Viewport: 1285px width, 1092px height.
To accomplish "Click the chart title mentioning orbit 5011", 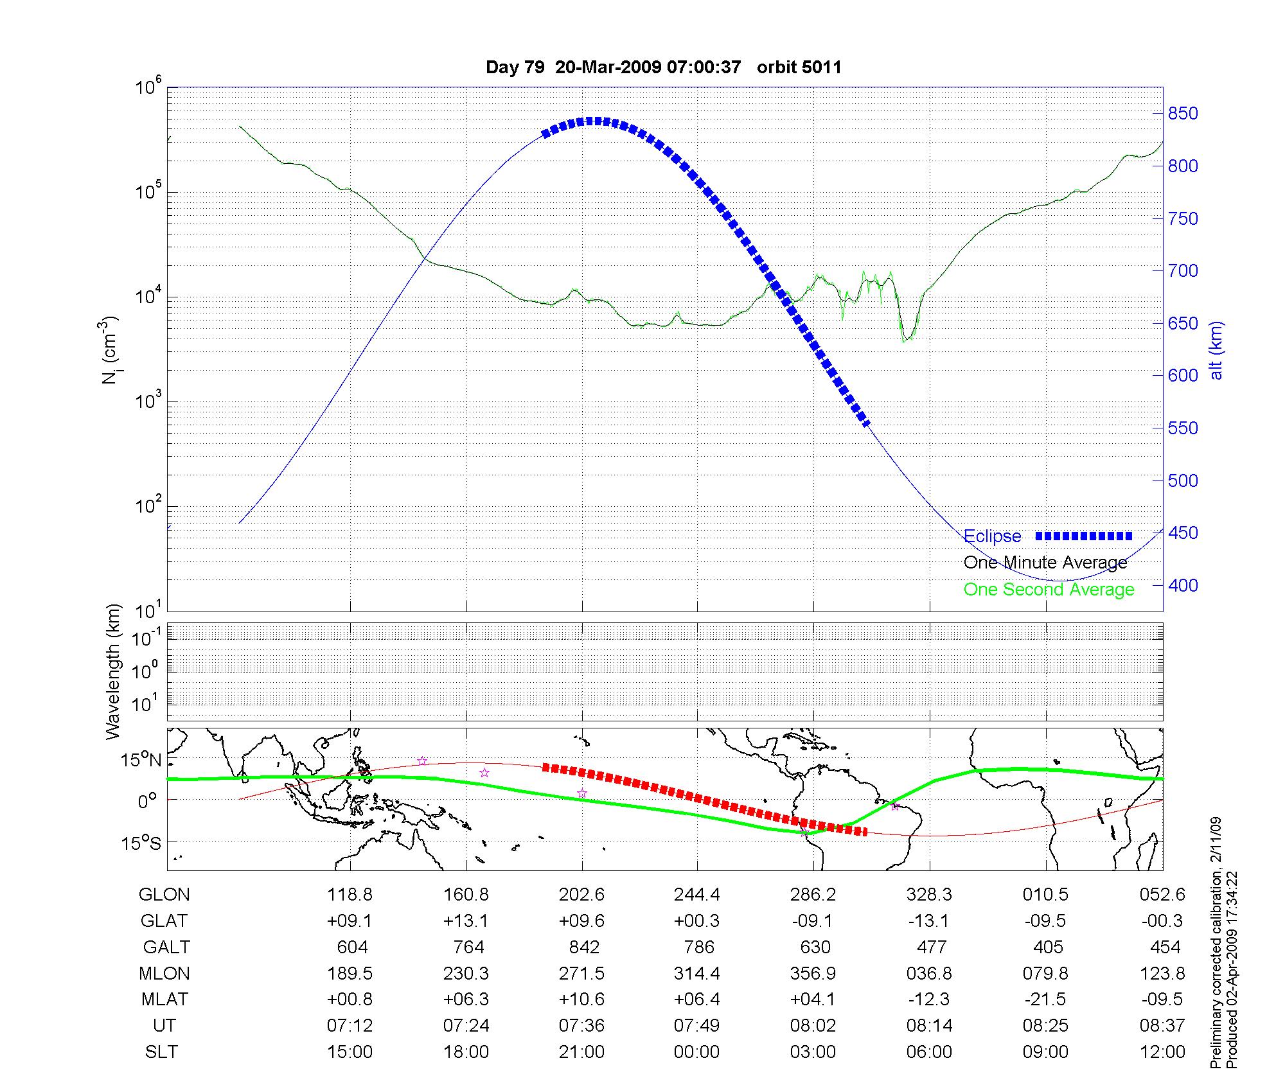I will point(663,67).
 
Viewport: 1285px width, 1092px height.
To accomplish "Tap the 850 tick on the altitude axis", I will point(1182,114).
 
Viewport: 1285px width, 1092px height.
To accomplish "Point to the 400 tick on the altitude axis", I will point(1182,585).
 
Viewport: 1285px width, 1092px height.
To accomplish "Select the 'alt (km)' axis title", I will point(1216,350).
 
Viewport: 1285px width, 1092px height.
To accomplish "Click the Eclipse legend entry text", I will point(992,536).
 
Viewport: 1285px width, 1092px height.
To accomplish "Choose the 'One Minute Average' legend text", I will point(1045,563).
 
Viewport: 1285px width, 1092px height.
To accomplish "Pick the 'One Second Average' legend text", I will point(1049,590).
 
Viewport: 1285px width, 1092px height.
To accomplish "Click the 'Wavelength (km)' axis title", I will point(114,672).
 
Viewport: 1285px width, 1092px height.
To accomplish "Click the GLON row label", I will point(164,895).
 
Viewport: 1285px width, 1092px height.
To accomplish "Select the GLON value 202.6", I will point(581,895).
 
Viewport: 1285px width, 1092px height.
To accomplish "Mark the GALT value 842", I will point(583,947).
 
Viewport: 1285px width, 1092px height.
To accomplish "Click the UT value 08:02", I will point(813,1026).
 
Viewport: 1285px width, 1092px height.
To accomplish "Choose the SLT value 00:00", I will point(697,1052).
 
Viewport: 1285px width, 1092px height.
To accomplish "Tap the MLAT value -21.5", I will point(1045,1000).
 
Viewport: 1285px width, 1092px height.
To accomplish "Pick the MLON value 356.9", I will point(813,974).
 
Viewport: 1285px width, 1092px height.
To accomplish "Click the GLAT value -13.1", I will point(929,921).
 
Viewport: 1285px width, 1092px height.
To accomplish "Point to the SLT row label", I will point(161,1052).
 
